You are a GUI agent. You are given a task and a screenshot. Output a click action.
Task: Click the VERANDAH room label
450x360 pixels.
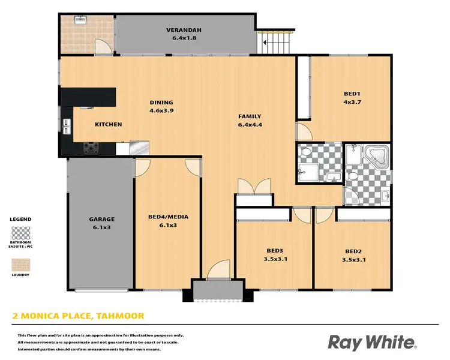click(x=184, y=30)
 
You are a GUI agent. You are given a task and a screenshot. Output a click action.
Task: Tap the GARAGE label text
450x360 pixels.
click(x=101, y=219)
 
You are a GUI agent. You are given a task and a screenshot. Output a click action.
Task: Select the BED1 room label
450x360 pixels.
click(x=352, y=94)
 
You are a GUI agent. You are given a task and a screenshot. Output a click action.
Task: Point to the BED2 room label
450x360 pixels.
click(x=352, y=251)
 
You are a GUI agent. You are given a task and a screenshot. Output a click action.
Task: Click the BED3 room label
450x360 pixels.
click(x=274, y=251)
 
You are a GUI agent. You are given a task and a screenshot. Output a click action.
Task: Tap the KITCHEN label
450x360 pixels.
click(x=109, y=124)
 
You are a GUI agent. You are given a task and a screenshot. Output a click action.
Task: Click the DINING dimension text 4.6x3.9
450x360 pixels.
click(x=161, y=110)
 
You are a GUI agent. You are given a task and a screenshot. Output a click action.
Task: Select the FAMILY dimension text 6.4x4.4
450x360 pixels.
click(x=249, y=125)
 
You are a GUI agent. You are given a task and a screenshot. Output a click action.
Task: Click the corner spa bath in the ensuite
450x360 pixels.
click(x=377, y=156)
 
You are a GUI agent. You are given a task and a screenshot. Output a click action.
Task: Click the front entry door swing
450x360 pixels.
click(x=218, y=270)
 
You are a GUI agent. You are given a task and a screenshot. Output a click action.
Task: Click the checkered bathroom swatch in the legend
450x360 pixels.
click(x=20, y=232)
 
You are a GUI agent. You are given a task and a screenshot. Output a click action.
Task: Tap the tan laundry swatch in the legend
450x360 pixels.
click(x=20, y=265)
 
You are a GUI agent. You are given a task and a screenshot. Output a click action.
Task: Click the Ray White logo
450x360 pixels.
click(x=371, y=343)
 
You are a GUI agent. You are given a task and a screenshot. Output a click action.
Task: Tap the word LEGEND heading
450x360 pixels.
click(x=20, y=220)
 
